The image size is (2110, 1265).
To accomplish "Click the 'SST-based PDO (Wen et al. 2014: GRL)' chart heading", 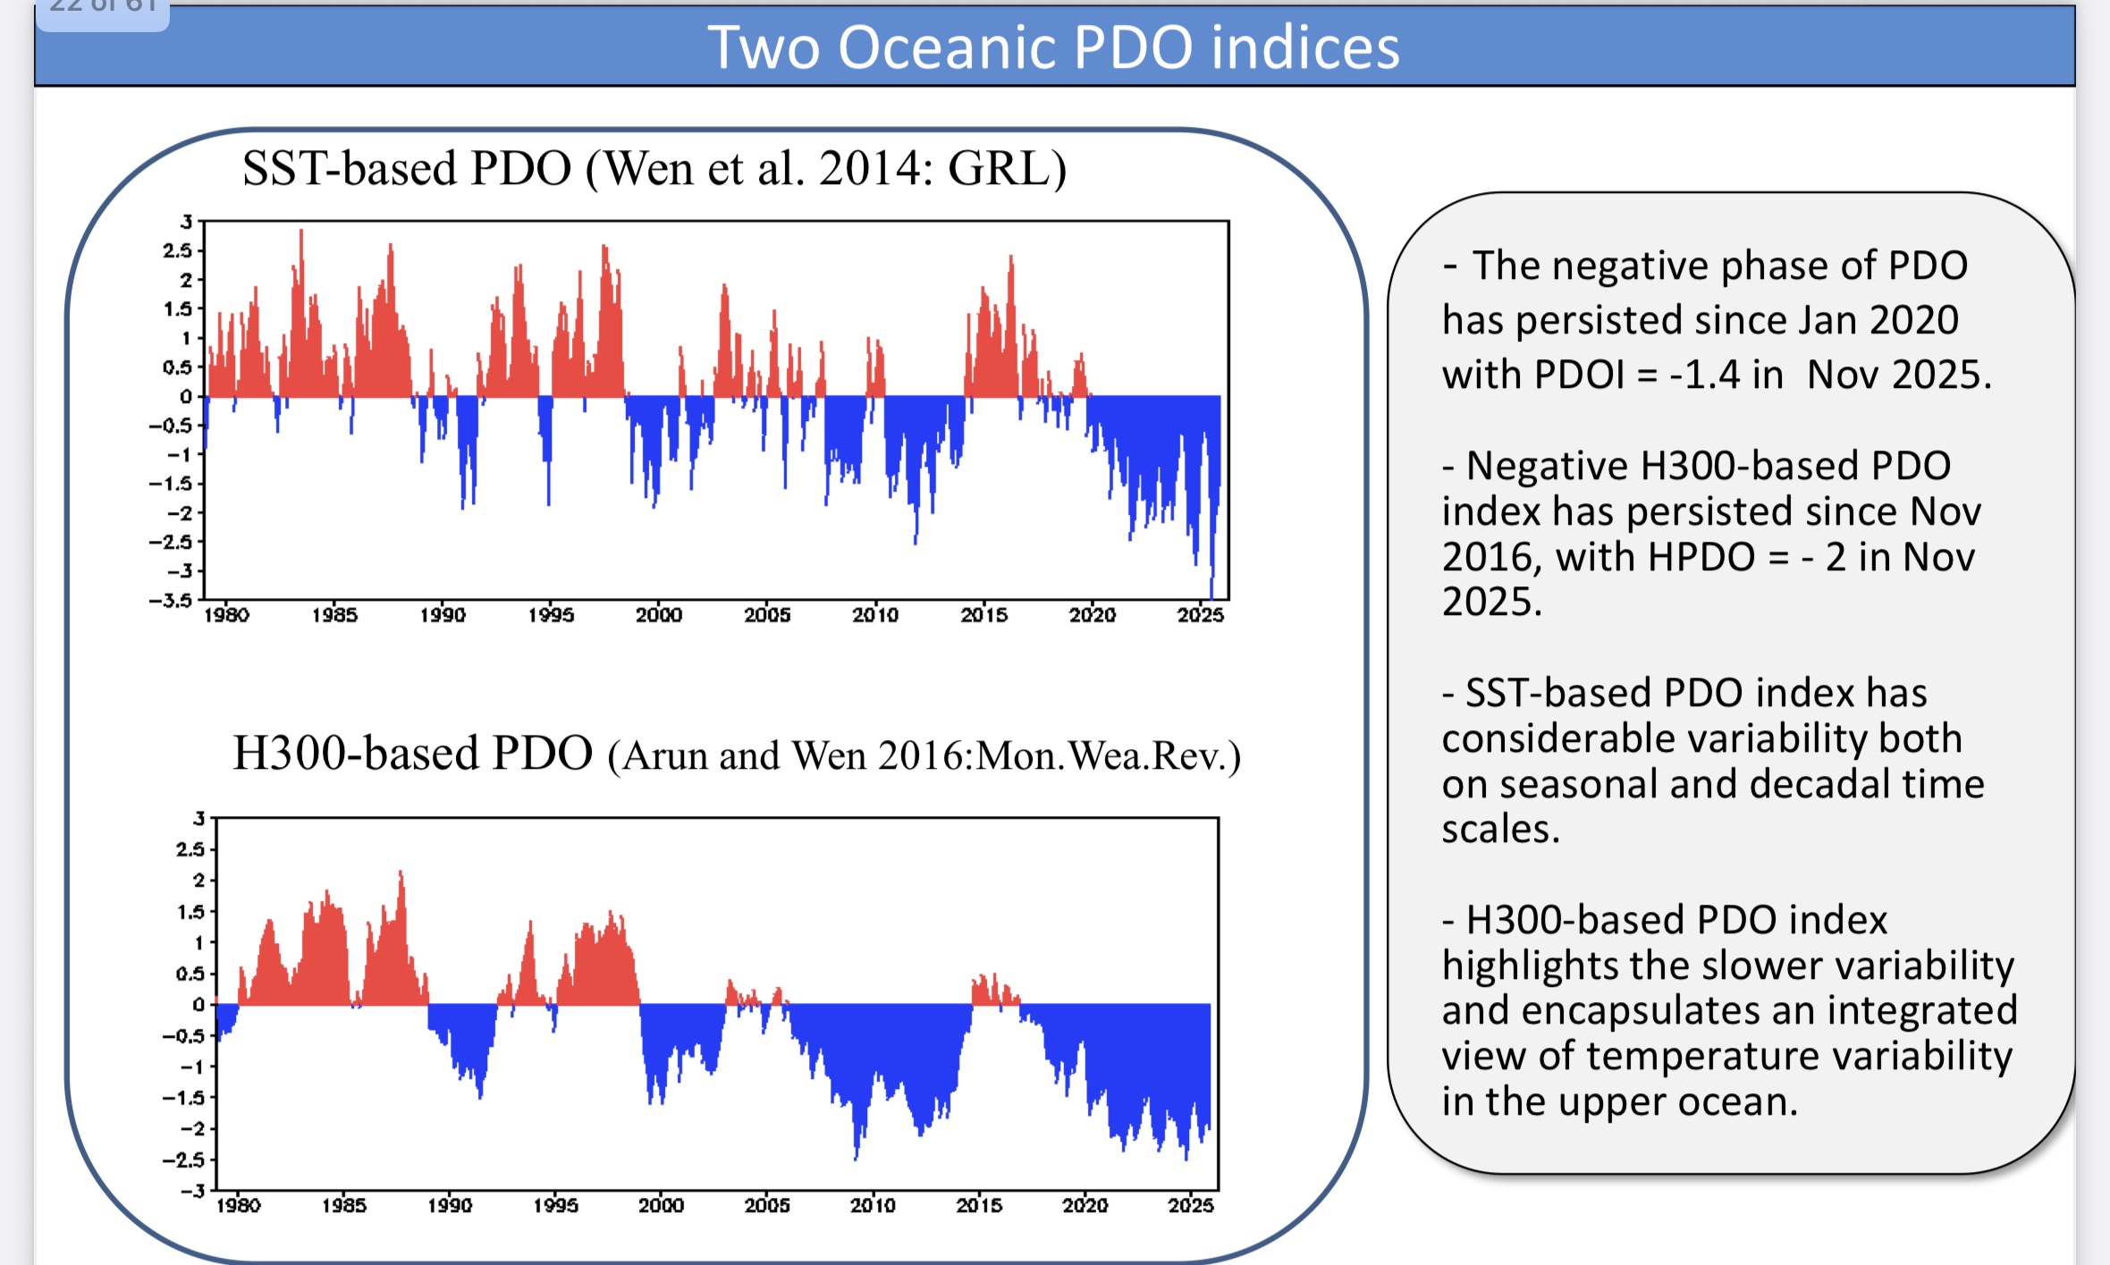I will tap(654, 168).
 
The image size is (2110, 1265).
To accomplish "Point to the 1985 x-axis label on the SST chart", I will tap(334, 615).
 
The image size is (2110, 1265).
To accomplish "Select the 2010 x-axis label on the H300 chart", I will tap(873, 1205).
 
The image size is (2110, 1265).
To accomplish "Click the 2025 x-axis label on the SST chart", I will tap(1200, 615).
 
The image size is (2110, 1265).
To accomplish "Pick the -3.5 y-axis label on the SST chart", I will tap(171, 600).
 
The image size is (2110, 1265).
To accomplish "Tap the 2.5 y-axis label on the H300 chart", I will tap(190, 848).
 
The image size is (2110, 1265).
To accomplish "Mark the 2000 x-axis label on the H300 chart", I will tap(661, 1205).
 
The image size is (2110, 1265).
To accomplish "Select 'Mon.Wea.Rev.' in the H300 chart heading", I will tap(1107, 756).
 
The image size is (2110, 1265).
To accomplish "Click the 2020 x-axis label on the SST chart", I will tap(1092, 615).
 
